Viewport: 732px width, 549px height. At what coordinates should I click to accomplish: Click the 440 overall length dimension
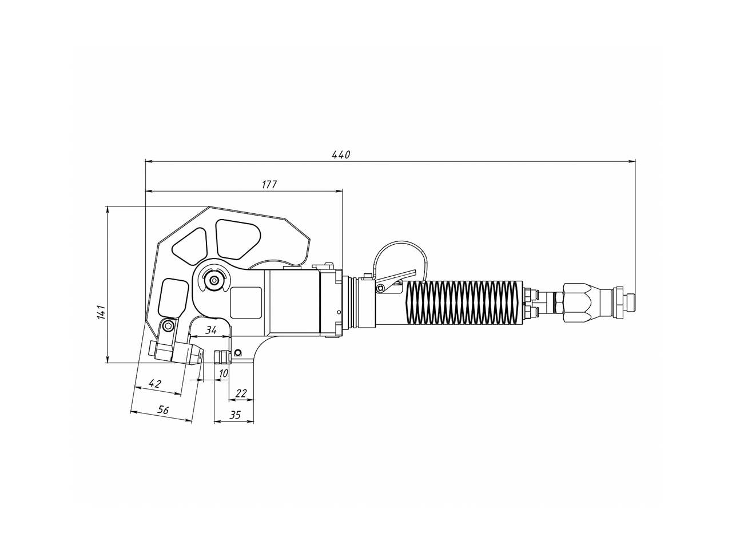click(x=340, y=154)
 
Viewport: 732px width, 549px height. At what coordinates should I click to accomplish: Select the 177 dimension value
click(x=269, y=184)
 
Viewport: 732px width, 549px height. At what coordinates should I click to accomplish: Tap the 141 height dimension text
click(x=101, y=312)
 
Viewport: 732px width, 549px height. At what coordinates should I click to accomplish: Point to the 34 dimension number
click(x=211, y=330)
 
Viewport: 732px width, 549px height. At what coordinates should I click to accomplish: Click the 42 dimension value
click(x=154, y=383)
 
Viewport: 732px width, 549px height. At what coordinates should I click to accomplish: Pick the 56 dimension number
click(x=163, y=409)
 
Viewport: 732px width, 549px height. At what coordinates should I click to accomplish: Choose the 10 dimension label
click(x=223, y=373)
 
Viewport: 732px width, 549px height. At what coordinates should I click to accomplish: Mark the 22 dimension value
click(x=241, y=393)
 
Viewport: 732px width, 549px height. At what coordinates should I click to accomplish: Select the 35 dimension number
click(x=235, y=415)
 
